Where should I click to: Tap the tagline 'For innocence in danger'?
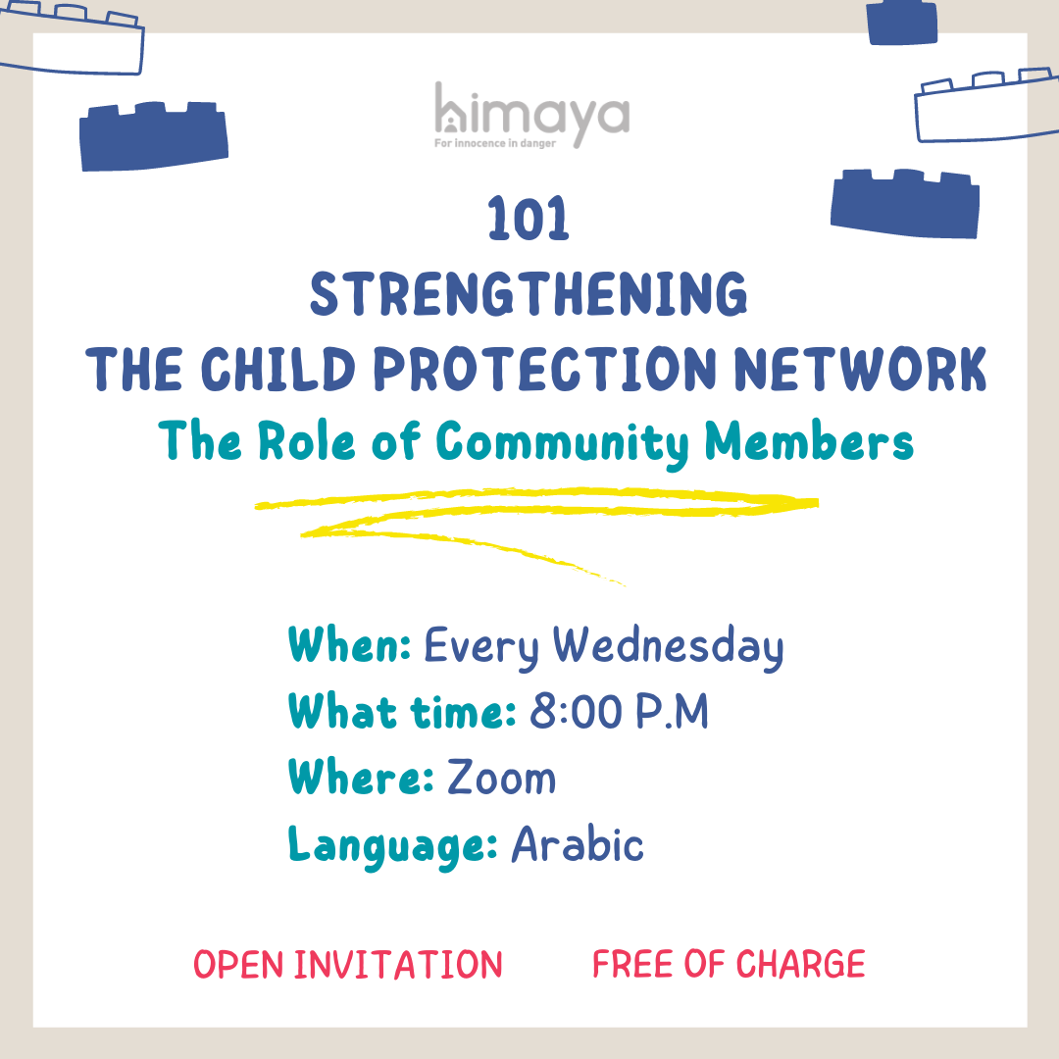pyautogui.click(x=495, y=143)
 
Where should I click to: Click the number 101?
pyautogui.click(x=529, y=219)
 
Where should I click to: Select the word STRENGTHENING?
pyautogui.click(x=529, y=294)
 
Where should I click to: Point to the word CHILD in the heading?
pyautogui.click(x=277, y=369)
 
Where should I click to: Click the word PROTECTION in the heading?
pyautogui.click(x=545, y=369)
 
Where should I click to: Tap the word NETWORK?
pyautogui.click(x=861, y=369)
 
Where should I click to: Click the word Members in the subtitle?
pyautogui.click(x=809, y=441)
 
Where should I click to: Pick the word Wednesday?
pyautogui.click(x=669, y=647)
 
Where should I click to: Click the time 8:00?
pyautogui.click(x=577, y=711)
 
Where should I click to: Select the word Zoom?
pyautogui.click(x=501, y=777)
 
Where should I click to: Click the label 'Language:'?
pyautogui.click(x=393, y=846)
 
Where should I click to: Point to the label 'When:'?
pyautogui.click(x=349, y=644)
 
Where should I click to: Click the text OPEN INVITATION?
pyautogui.click(x=348, y=964)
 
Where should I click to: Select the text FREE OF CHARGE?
pyautogui.click(x=729, y=964)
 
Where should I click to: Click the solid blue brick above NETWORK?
pyautogui.click(x=905, y=203)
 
